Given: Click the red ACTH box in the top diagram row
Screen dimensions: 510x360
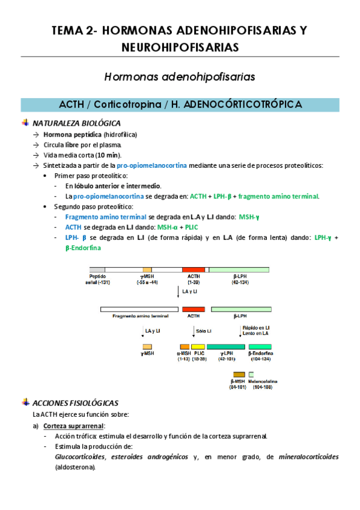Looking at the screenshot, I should point(193,270).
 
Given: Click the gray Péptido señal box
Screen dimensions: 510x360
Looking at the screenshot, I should point(97,270).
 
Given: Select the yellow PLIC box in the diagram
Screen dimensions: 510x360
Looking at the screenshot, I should point(198,346).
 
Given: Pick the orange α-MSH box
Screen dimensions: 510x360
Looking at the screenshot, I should point(183,346).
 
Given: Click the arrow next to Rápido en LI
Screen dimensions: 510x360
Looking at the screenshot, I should point(239,331).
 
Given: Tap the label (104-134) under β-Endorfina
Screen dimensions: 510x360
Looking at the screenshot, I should point(260,359).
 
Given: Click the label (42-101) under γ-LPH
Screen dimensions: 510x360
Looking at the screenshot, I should point(225,359).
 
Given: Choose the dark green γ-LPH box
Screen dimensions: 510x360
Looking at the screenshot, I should point(225,346).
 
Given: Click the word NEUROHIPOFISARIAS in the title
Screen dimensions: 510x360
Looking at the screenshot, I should point(180,47).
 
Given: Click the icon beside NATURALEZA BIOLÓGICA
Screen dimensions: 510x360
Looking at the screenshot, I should point(25,123).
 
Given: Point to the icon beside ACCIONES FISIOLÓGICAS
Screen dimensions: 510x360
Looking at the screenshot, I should point(25,402).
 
